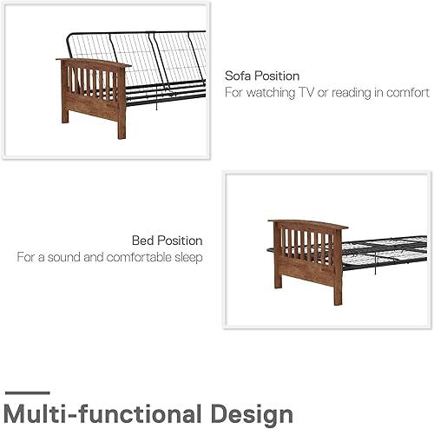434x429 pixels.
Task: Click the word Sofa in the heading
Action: coord(239,76)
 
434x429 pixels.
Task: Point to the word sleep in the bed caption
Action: coord(187,257)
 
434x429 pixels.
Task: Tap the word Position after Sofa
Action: coord(278,76)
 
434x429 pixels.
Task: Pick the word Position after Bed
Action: coord(180,241)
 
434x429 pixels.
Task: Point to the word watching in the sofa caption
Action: coord(278,92)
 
